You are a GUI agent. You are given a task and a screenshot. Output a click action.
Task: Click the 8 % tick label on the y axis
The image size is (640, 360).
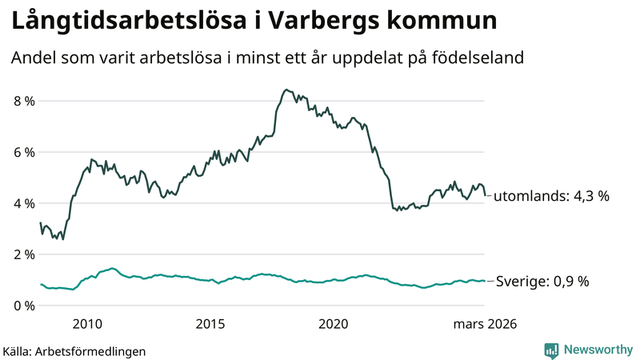[x=23, y=101]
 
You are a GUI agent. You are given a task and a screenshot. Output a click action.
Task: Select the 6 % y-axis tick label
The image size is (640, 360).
[x=23, y=152]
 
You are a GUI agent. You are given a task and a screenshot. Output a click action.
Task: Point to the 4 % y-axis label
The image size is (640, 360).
[x=23, y=203]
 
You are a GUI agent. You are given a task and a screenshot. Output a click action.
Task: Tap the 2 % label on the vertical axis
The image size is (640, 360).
[x=23, y=254]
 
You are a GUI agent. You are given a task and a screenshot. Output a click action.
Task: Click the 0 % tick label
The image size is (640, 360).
[x=23, y=306]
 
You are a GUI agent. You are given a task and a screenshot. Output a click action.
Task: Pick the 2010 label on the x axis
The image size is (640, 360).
[x=87, y=324]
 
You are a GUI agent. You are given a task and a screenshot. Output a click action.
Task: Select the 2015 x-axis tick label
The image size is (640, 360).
[x=210, y=324]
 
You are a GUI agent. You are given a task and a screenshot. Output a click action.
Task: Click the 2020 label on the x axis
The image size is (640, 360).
[x=334, y=324]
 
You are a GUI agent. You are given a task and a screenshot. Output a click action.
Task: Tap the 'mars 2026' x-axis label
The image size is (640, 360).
[x=485, y=324]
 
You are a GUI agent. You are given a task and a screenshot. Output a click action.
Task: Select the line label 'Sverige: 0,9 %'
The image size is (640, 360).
[x=542, y=282]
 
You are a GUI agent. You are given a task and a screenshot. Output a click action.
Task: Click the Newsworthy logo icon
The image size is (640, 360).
[x=551, y=350]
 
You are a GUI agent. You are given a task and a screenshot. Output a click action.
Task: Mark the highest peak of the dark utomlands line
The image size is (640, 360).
[x=286, y=90]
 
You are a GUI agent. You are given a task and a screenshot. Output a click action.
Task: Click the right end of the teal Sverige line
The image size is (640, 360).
[x=485, y=281]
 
